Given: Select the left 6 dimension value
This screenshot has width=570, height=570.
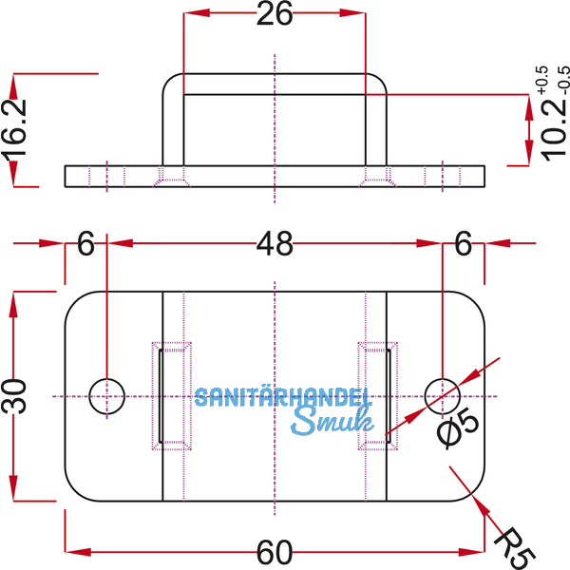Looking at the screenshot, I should click(85, 245).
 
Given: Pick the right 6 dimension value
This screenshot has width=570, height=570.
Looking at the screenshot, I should click(463, 245).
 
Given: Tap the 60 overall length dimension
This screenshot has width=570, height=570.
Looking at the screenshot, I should click(274, 551).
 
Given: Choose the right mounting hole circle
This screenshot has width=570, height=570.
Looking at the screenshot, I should click(442, 394).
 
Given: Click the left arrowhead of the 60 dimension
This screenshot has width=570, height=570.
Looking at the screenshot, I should click(72, 551).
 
